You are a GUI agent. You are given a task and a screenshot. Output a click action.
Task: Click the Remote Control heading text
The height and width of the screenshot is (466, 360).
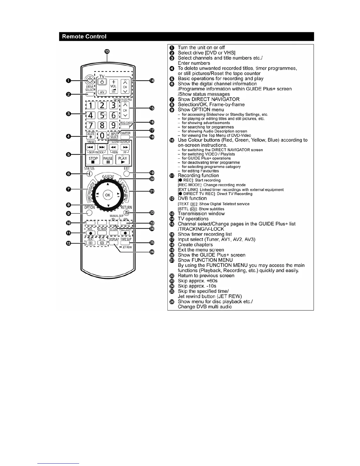(x=84, y=36)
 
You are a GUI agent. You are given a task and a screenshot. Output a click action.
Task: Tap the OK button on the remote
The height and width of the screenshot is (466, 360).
(x=108, y=195)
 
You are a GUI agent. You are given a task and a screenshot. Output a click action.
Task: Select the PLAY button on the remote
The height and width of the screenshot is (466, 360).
(x=123, y=159)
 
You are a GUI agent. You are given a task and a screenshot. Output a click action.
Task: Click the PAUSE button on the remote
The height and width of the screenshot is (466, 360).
(x=108, y=159)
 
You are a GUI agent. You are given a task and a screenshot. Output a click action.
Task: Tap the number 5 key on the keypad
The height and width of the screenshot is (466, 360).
(x=102, y=115)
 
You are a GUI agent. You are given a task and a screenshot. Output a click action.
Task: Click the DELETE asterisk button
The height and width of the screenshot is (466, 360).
(x=90, y=135)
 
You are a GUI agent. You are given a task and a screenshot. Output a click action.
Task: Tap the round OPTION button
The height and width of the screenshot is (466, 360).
(x=90, y=213)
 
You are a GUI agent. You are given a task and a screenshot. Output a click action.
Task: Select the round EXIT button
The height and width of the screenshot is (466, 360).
(x=126, y=173)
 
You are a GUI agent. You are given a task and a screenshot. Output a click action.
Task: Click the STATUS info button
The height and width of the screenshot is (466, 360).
(x=89, y=174)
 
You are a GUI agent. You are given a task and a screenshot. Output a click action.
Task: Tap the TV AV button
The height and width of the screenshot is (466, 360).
(x=102, y=92)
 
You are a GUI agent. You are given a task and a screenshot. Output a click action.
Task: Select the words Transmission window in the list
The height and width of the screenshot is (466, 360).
(x=201, y=214)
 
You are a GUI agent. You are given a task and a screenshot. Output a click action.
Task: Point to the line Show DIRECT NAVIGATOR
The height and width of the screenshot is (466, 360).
(x=209, y=99)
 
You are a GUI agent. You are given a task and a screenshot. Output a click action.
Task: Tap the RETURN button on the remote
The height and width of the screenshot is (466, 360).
(x=126, y=212)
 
